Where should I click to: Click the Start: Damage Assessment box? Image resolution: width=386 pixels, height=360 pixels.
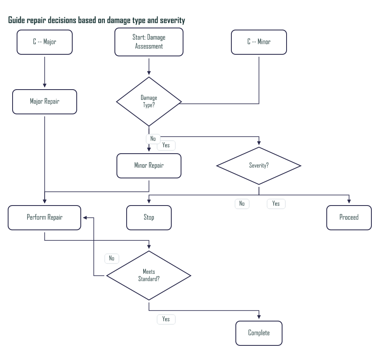click(x=149, y=42)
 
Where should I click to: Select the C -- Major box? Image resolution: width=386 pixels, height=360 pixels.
click(x=45, y=42)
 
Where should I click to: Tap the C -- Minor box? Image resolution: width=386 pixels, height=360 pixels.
click(x=259, y=42)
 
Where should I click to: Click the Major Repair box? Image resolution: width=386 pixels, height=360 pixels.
click(x=45, y=101)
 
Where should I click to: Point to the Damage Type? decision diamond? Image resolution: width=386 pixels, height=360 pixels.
click(x=149, y=101)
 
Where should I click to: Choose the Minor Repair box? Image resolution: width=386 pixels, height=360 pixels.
click(x=149, y=165)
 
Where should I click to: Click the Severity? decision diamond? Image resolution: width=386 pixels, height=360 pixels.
click(x=259, y=165)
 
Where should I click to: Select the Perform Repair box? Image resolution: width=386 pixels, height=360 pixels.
click(x=45, y=217)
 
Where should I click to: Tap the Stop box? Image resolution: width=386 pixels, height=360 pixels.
click(x=149, y=217)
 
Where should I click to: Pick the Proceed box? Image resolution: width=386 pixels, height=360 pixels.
click(x=349, y=217)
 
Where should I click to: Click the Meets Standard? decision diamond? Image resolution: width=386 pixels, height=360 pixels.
click(x=149, y=276)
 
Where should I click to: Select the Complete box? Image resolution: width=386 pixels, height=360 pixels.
click(x=259, y=333)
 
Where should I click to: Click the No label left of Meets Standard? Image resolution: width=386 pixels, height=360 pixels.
click(x=112, y=258)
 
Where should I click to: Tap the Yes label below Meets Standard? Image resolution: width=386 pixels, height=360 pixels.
click(x=166, y=319)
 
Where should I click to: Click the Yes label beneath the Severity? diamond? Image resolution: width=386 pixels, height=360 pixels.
click(x=276, y=204)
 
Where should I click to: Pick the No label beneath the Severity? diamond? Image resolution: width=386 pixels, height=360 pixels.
click(x=242, y=204)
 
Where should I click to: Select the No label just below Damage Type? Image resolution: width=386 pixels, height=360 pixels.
click(x=153, y=139)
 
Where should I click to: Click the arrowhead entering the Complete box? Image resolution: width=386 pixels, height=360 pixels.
click(x=259, y=319)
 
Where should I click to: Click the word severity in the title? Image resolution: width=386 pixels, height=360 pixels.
click(x=172, y=20)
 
